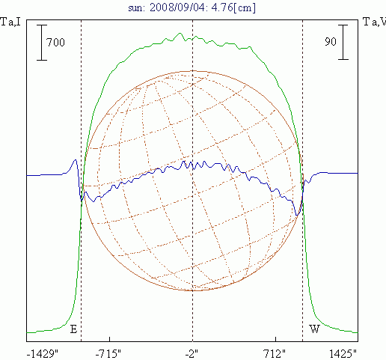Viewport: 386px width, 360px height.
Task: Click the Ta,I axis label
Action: pyautogui.click(x=10, y=22)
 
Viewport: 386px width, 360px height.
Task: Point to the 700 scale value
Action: pyautogui.click(x=55, y=43)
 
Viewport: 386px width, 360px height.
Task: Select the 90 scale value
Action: pyautogui.click(x=331, y=42)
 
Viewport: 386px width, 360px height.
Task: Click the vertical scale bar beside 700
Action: pyautogui.click(x=42, y=43)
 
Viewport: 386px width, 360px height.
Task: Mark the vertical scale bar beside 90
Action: pyautogui.click(x=343, y=42)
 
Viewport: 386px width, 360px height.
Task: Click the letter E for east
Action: pyautogui.click(x=73, y=329)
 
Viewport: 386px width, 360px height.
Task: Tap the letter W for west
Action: pyautogui.click(x=314, y=329)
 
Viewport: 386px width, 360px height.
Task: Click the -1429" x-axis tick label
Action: pyautogui.click(x=43, y=354)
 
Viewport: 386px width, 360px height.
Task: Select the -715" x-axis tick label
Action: pyautogui.click(x=108, y=354)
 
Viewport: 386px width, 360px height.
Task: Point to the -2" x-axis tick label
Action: pyautogui.click(x=192, y=354)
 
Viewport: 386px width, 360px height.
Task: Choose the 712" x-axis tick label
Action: pyautogui.click(x=275, y=354)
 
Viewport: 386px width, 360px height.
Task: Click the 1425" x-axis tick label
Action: pyautogui.click(x=343, y=354)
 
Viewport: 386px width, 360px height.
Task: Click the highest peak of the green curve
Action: pyautogui.click(x=180, y=33)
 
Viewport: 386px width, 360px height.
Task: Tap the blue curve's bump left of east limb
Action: pyautogui.click(x=76, y=160)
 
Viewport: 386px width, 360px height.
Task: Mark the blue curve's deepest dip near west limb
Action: pyautogui.click(x=297, y=215)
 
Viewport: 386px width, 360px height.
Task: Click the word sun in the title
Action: pyautogui.click(x=136, y=8)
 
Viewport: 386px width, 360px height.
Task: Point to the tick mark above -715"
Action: pyautogui.click(x=109, y=339)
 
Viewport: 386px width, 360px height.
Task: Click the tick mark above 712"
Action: pyautogui.click(x=275, y=339)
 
